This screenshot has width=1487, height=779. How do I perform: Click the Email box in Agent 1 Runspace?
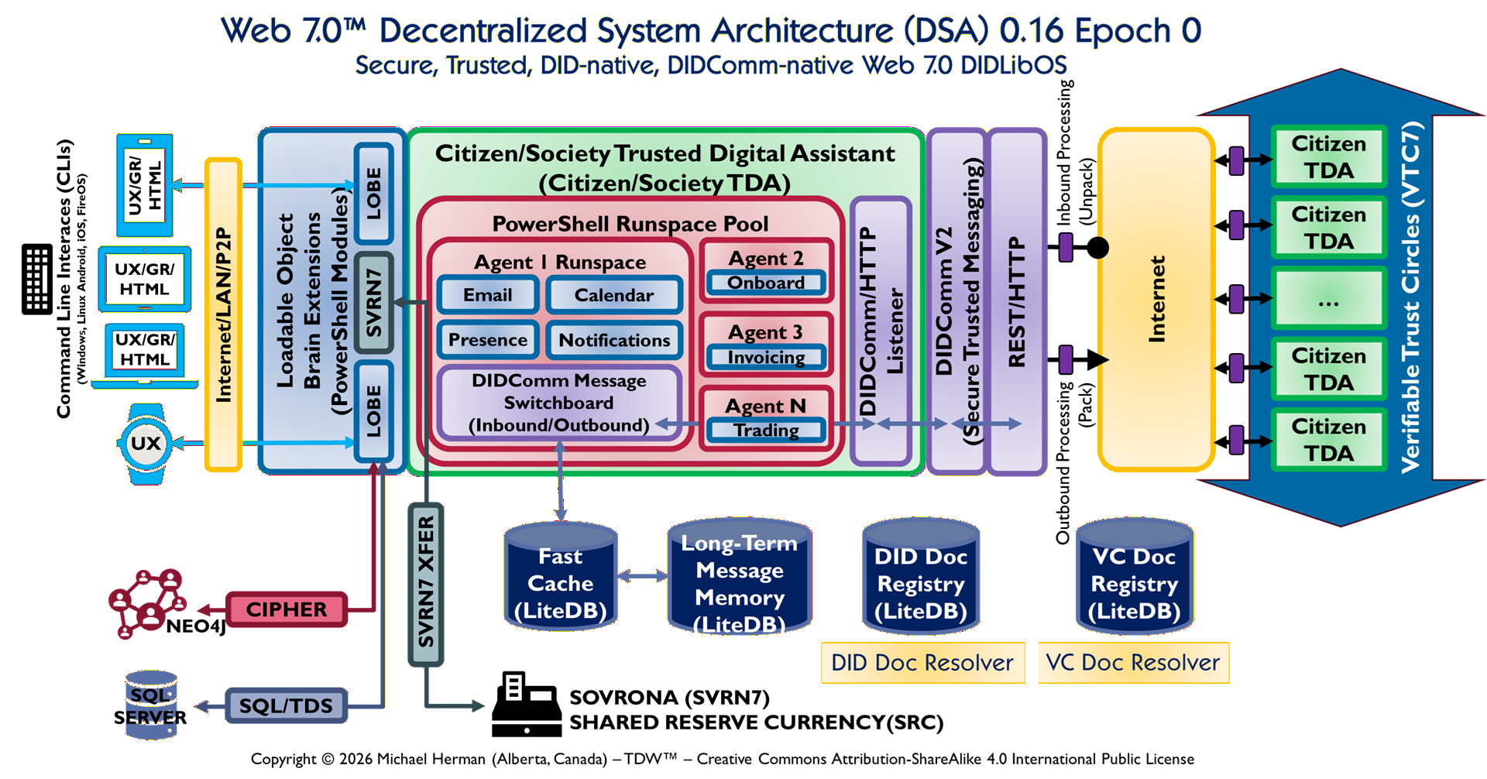[488, 295]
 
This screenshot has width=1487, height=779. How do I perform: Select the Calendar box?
[613, 295]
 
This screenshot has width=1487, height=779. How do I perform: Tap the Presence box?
[488, 340]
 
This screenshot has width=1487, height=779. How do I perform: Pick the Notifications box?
[614, 340]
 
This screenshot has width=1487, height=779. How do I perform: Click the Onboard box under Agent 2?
[766, 283]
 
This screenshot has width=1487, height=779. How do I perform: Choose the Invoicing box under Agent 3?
[766, 357]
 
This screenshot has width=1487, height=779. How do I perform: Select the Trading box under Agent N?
[766, 430]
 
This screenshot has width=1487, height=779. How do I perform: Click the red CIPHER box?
[287, 609]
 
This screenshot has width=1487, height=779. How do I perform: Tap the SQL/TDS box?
[286, 705]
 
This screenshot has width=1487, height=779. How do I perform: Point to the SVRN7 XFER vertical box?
[426, 584]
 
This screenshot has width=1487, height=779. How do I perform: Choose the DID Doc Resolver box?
[922, 663]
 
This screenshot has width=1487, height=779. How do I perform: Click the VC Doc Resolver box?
[1133, 663]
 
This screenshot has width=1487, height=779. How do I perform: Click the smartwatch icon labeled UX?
[146, 444]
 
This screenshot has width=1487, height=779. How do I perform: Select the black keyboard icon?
[37, 279]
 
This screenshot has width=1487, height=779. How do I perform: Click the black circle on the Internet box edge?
[1098, 248]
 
